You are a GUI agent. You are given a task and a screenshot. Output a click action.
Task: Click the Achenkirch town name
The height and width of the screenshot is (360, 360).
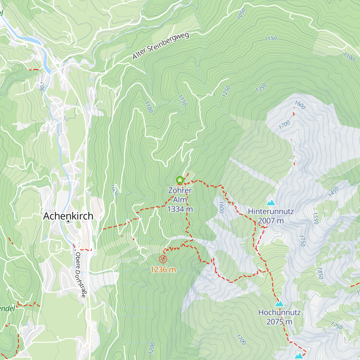click(x=68, y=216)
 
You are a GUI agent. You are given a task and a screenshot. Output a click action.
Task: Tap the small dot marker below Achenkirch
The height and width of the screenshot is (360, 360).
click(x=68, y=221)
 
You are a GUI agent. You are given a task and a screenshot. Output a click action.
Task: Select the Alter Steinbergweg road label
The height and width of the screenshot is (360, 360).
click(x=161, y=46)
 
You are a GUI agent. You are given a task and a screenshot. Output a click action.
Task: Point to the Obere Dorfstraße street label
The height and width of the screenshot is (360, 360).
click(x=80, y=275)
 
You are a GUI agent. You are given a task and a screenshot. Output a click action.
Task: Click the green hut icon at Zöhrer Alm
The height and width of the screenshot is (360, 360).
click(x=180, y=180)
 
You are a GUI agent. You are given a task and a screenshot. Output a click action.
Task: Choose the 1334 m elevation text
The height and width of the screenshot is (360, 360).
click(x=180, y=209)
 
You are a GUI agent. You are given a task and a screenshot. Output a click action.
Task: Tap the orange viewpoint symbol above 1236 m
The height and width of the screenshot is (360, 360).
click(x=163, y=259)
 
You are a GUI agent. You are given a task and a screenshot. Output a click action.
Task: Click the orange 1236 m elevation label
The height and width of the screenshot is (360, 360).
click(x=163, y=270)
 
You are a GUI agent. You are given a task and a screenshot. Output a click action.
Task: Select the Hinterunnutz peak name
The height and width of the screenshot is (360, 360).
click(x=271, y=211)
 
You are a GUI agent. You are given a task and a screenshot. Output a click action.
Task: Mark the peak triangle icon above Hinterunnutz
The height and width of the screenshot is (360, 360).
click(x=271, y=203)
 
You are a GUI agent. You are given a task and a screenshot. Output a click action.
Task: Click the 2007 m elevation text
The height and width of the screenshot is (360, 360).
click(x=271, y=221)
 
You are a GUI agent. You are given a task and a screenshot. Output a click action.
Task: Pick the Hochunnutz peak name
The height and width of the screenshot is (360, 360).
click(x=279, y=312)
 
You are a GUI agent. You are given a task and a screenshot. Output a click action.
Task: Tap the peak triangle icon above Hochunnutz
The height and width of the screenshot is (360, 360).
click(x=279, y=304)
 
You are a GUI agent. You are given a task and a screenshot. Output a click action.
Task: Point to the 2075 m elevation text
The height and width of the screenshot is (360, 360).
click(x=279, y=322)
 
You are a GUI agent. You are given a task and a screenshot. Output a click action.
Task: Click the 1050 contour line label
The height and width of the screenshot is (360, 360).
click(x=241, y=14)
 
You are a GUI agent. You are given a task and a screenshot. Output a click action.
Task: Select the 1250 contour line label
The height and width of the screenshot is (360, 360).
click(x=226, y=91)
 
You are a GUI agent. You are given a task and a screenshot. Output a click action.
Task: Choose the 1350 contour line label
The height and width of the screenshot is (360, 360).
click(x=261, y=88)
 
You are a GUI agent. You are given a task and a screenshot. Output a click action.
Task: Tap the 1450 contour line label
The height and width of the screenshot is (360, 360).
click(x=333, y=192)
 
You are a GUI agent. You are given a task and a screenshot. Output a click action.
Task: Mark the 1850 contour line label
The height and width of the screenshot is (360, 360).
click(x=320, y=273)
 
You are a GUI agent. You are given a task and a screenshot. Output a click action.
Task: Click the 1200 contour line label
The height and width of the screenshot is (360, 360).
click(x=152, y=347)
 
